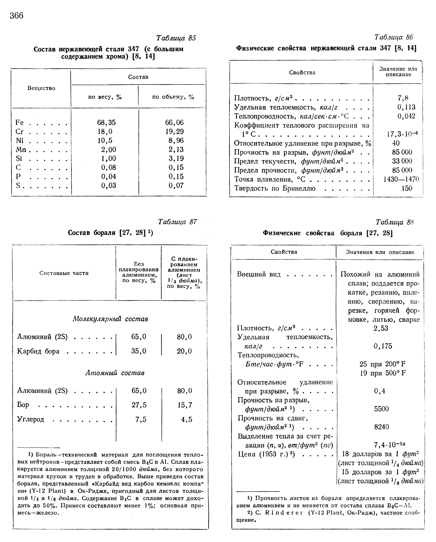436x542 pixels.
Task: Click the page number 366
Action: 17,16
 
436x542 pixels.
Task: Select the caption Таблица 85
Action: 176,38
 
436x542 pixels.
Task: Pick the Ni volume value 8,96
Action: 176,140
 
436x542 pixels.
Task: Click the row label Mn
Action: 21,150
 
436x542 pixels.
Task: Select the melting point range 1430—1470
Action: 401,179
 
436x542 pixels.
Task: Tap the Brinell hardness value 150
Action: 407,188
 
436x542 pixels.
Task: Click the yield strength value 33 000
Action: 402,161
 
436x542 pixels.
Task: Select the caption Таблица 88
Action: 394,222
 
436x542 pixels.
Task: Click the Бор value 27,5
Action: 139,405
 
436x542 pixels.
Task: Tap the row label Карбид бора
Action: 38,351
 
